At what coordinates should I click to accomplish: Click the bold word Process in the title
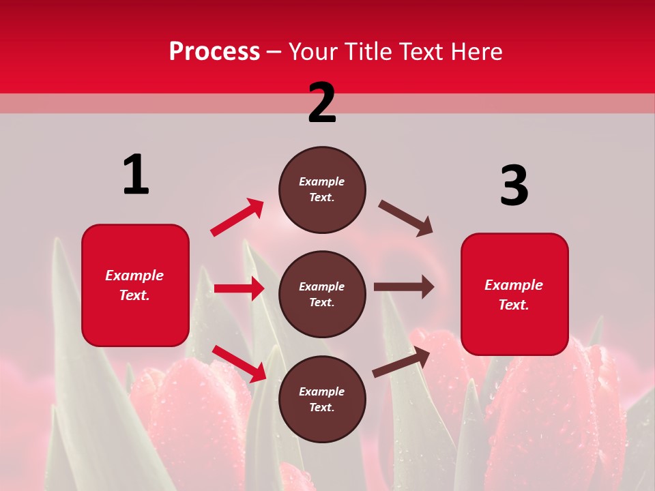click(214, 51)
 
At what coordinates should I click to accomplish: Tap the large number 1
click(136, 175)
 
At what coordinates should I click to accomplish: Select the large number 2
click(322, 102)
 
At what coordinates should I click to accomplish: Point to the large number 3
click(514, 185)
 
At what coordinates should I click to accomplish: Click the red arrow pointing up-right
click(237, 218)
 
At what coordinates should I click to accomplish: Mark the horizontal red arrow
click(239, 288)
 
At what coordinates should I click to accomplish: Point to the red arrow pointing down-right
click(239, 363)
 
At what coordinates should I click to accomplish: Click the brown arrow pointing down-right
click(405, 218)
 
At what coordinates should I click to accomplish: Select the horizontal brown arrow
click(403, 287)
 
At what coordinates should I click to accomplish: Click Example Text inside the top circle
click(322, 190)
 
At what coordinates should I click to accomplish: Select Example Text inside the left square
click(135, 285)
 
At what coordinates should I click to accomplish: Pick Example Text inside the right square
click(514, 295)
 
